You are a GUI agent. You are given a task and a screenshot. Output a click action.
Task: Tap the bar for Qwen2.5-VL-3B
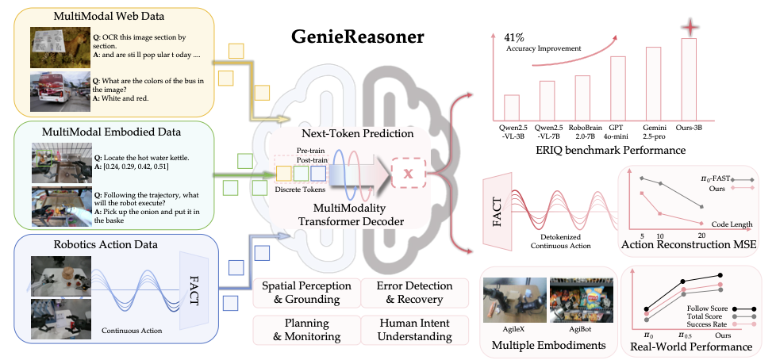(x=512, y=105)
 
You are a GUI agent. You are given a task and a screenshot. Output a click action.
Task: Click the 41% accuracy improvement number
(x=517, y=36)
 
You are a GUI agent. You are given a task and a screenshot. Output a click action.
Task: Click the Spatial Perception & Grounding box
(x=304, y=292)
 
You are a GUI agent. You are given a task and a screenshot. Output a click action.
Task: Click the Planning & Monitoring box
(x=304, y=329)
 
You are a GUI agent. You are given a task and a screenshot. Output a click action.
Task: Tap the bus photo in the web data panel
(x=59, y=88)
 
